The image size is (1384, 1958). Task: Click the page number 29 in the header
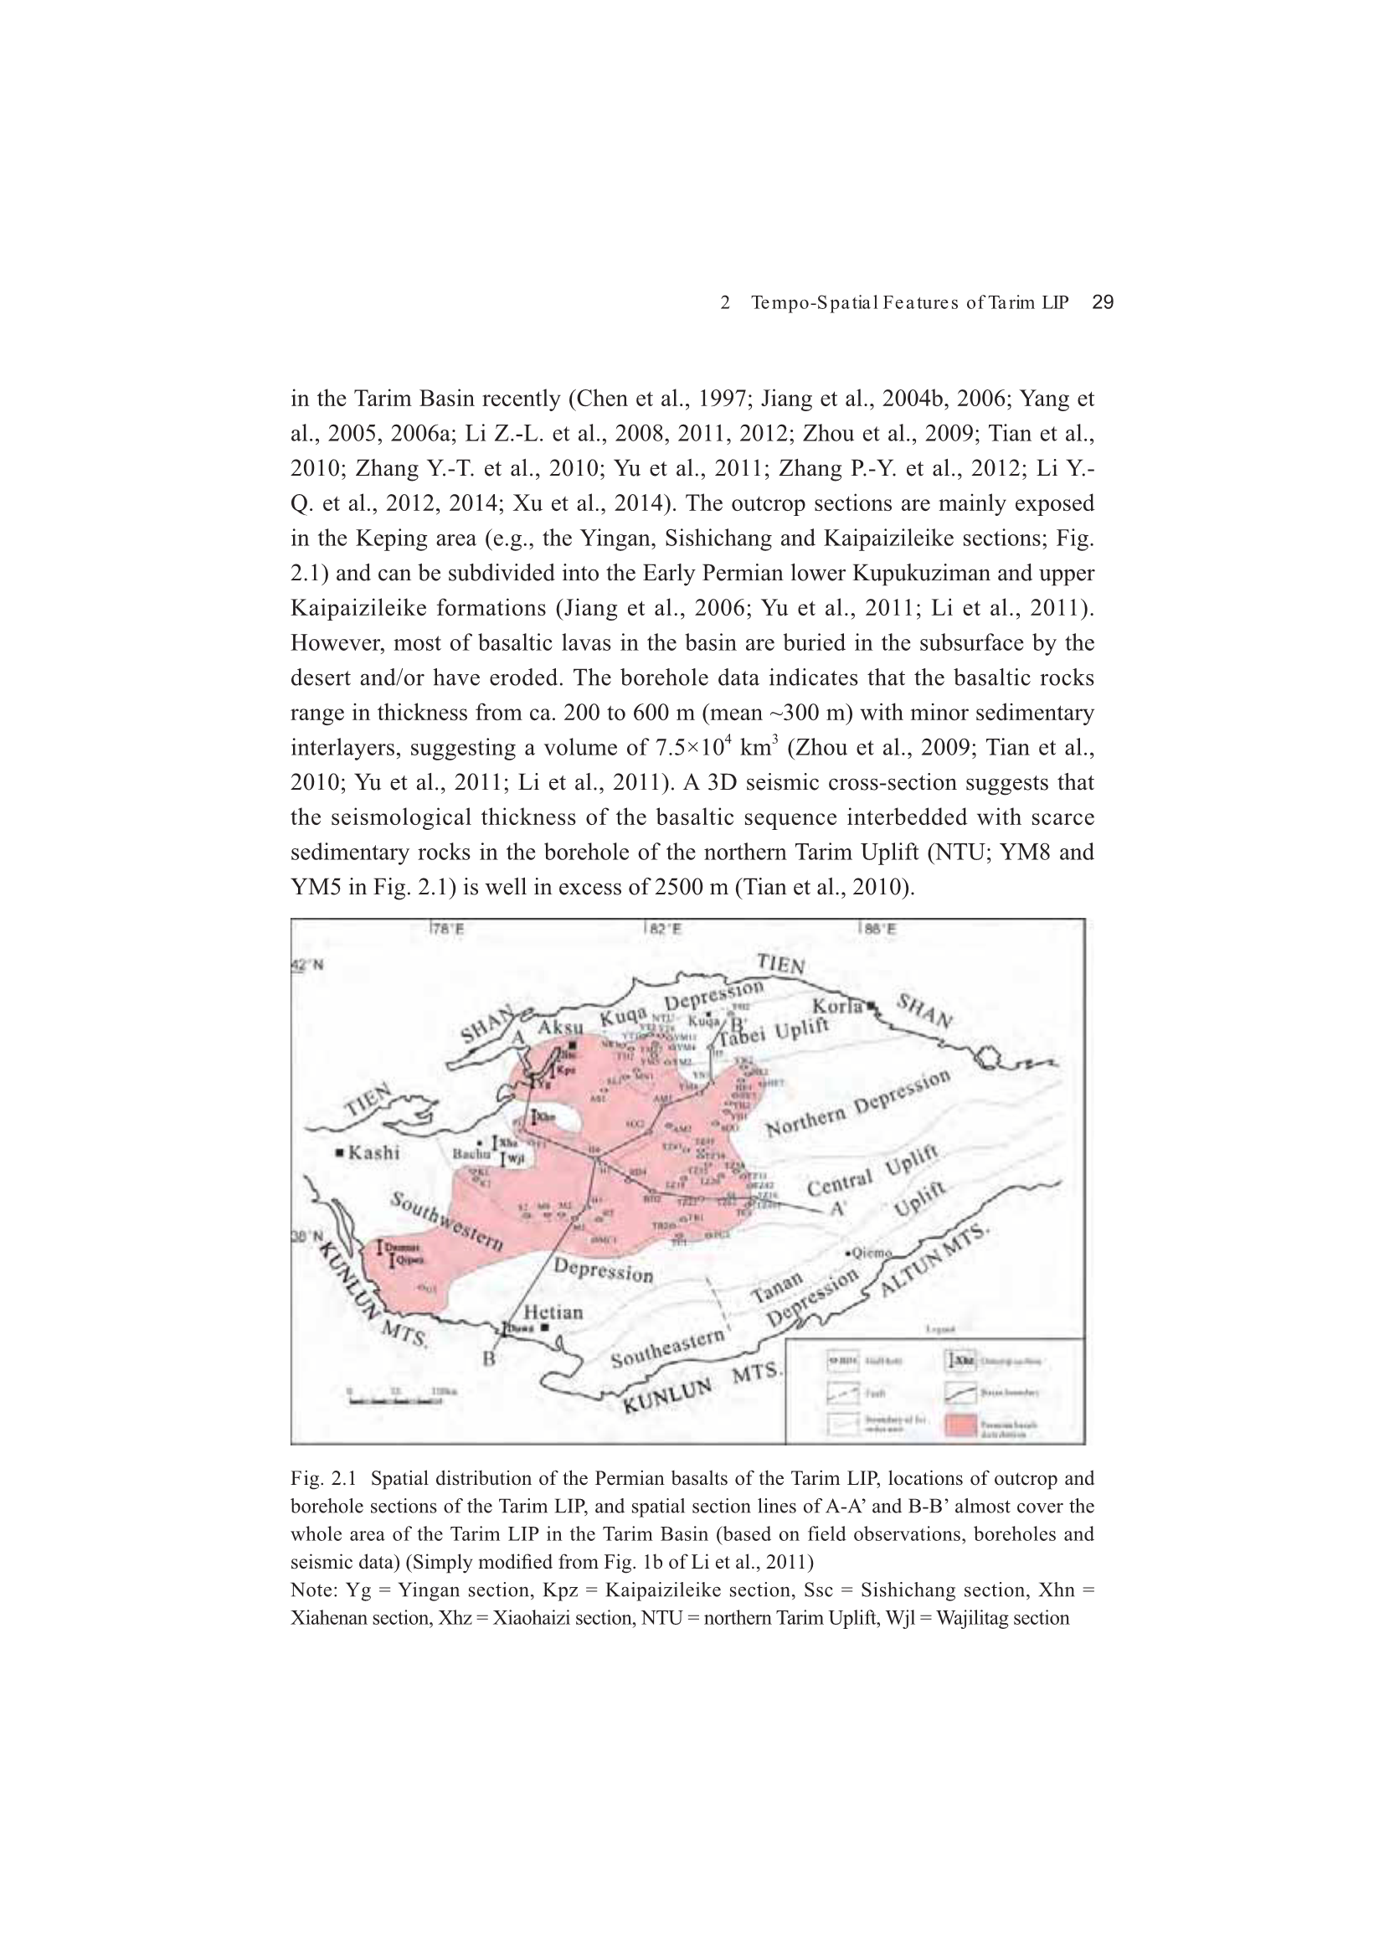[1103, 302]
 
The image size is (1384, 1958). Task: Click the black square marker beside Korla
[872, 1007]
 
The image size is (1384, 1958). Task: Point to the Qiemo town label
[872, 1253]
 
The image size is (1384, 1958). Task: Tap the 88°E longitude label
[877, 930]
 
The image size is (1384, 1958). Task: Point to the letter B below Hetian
[489, 1358]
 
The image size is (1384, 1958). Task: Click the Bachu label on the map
[468, 1153]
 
